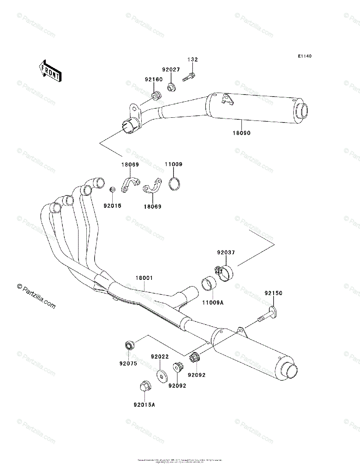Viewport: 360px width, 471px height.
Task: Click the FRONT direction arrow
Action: pyautogui.click(x=49, y=70)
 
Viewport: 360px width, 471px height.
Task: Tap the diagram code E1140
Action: pyautogui.click(x=304, y=57)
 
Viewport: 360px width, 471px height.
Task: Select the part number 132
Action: pyautogui.click(x=192, y=60)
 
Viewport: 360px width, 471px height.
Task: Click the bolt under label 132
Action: pyautogui.click(x=189, y=76)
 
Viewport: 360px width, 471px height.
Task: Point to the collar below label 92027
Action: pyautogui.click(x=171, y=86)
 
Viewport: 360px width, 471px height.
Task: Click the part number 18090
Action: pyautogui.click(x=241, y=133)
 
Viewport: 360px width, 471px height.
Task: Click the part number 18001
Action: pyautogui.click(x=144, y=278)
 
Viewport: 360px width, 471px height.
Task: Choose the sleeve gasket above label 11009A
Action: pyautogui.click(x=209, y=284)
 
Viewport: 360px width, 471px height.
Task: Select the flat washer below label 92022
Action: pyautogui.click(x=161, y=375)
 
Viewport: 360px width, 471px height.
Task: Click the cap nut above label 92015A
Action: pyautogui.click(x=144, y=387)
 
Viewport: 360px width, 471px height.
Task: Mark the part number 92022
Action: pyautogui.click(x=160, y=357)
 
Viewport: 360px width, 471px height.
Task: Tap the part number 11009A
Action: pyautogui.click(x=213, y=303)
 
